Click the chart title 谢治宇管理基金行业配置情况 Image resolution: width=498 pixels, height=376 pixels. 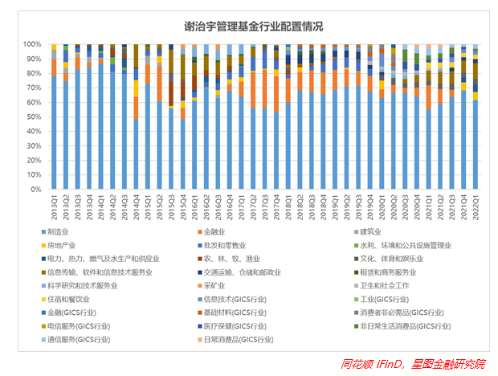coord(249,27)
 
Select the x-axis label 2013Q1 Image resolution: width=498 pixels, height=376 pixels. coord(54,210)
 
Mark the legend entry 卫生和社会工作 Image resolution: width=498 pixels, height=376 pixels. coord(384,285)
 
